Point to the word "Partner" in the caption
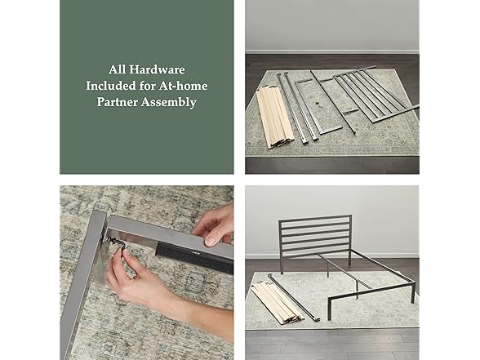(x=121, y=102)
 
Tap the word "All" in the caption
(x=118, y=69)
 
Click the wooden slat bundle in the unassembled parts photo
(x=274, y=114)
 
